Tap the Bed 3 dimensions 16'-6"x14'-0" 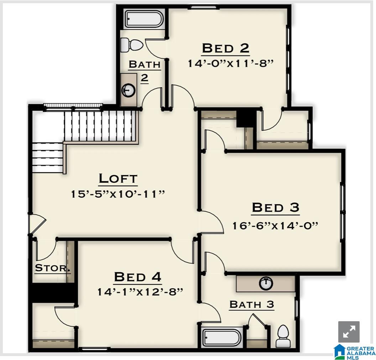[x=275, y=226]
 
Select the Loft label [x=118, y=178]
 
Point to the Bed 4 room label [x=137, y=276]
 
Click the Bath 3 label [x=251, y=305]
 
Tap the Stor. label [x=52, y=268]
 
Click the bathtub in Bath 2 [x=143, y=18]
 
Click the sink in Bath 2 [x=129, y=90]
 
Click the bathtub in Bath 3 [x=222, y=338]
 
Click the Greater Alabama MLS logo [x=355, y=351]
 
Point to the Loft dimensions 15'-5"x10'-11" [x=118, y=194]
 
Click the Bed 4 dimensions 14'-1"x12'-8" [x=140, y=292]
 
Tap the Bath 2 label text [x=144, y=70]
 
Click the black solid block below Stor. [x=52, y=292]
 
